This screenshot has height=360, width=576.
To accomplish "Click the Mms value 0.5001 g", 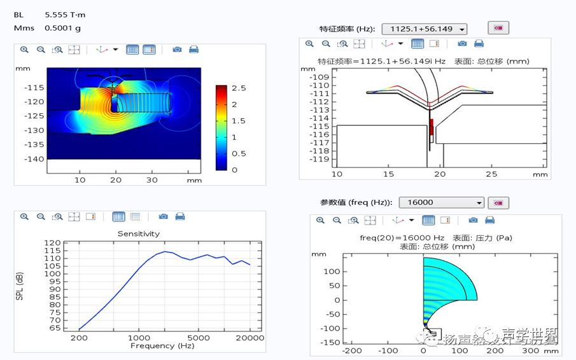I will (x=62, y=28).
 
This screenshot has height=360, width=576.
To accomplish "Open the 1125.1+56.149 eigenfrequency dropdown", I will (x=425, y=29).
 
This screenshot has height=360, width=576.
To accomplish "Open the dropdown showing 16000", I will (x=442, y=202).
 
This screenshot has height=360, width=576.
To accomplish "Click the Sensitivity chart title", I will (x=138, y=233).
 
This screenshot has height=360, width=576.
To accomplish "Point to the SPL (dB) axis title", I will (x=19, y=287).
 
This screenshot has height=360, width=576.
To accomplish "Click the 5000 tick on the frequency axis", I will (x=199, y=338).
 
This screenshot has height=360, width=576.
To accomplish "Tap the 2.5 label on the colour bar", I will (x=239, y=88).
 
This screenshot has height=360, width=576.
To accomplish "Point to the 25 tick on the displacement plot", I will (x=491, y=174).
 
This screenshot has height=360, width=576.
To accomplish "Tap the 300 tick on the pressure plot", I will (x=531, y=350).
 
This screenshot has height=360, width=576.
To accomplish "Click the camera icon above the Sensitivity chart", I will (x=164, y=217).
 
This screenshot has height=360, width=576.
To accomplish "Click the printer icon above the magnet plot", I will (x=193, y=50).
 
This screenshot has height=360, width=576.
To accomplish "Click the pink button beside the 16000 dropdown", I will (x=498, y=202).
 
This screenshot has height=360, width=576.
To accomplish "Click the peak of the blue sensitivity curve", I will (x=164, y=251).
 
